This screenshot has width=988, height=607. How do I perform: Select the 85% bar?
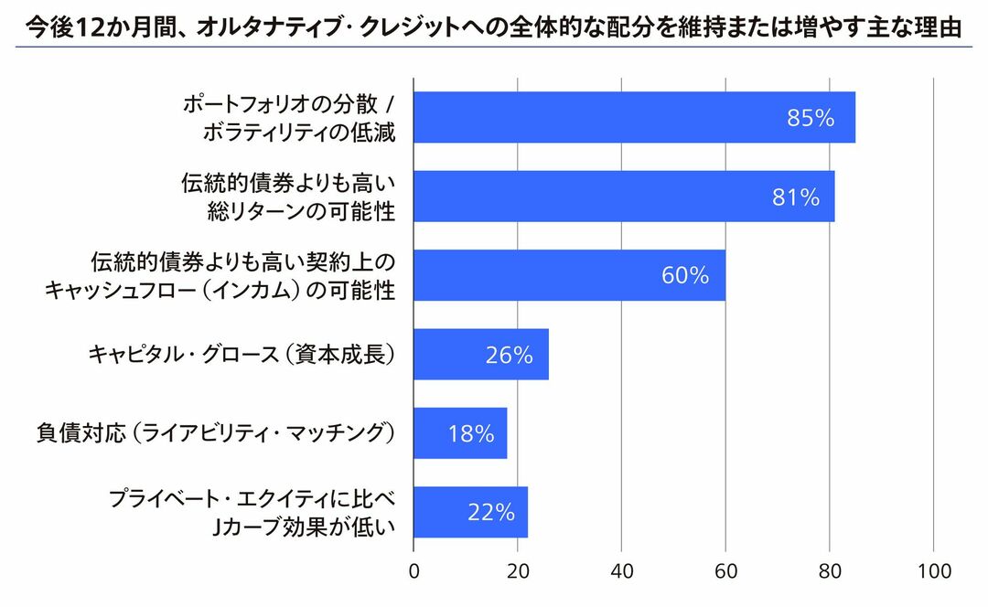(634, 118)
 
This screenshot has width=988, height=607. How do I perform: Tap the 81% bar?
(624, 197)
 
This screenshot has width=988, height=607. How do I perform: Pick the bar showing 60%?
(569, 275)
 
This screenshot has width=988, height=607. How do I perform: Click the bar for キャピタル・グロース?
(481, 355)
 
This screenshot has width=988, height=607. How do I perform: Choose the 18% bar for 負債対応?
(460, 433)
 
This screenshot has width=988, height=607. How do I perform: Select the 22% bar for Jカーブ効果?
(470, 513)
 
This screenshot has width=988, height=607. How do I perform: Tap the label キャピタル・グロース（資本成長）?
(242, 355)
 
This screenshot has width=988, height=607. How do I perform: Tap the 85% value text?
(811, 118)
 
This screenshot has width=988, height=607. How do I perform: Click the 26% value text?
(509, 355)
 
